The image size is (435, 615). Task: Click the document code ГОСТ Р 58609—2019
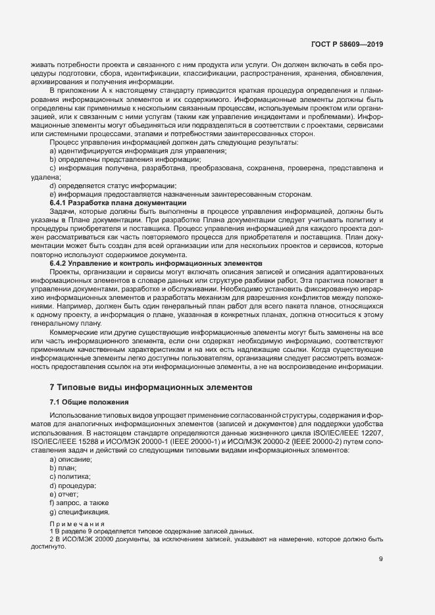[x=347, y=45]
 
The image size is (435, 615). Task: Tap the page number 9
[x=381, y=560]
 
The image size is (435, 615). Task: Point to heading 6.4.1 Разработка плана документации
[x=118, y=203]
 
